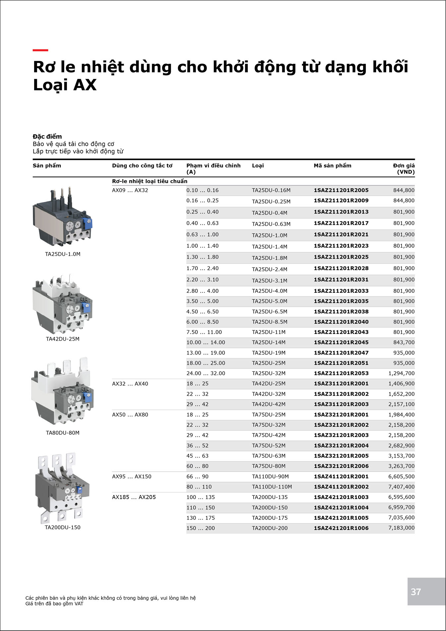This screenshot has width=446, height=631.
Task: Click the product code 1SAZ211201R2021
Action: (341, 234)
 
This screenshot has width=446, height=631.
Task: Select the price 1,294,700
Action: (401, 373)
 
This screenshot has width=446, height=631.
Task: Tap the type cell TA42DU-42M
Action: (269, 404)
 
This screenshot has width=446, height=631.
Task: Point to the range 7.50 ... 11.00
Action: (204, 332)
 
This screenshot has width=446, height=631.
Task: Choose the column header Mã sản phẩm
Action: (332, 165)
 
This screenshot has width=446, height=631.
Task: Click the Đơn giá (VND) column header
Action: (404, 168)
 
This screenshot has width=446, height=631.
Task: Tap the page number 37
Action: (416, 592)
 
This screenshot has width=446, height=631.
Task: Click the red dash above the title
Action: (40, 50)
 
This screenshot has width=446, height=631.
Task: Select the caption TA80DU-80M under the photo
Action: (63, 433)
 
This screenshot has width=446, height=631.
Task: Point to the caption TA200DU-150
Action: (63, 527)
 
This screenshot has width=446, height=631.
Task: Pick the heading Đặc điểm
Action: (47, 136)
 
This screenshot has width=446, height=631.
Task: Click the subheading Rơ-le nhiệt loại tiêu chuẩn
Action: (150, 181)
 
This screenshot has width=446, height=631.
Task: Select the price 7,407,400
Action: (401, 487)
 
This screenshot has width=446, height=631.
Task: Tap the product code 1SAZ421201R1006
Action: (341, 528)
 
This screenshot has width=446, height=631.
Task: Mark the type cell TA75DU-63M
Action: (269, 456)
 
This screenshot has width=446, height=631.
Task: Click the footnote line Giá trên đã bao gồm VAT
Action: (54, 603)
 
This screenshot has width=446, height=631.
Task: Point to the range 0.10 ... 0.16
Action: (202, 190)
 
